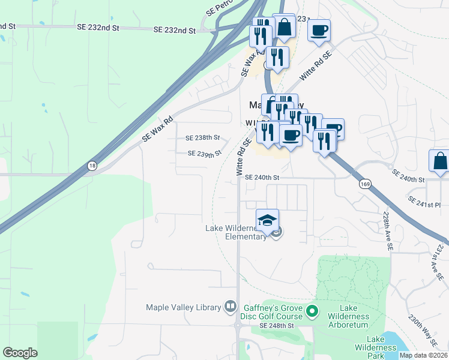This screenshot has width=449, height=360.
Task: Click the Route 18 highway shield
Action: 91,165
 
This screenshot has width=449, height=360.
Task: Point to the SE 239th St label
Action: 205,154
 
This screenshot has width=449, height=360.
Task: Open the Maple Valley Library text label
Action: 184,307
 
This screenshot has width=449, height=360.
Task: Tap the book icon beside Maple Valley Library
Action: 230,307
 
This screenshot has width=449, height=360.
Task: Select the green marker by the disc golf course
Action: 312,311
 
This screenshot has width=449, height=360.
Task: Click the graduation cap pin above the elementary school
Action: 268,219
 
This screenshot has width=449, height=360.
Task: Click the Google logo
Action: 20,352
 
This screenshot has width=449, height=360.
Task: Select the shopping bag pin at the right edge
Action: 439,162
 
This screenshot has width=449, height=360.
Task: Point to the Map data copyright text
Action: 424,355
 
